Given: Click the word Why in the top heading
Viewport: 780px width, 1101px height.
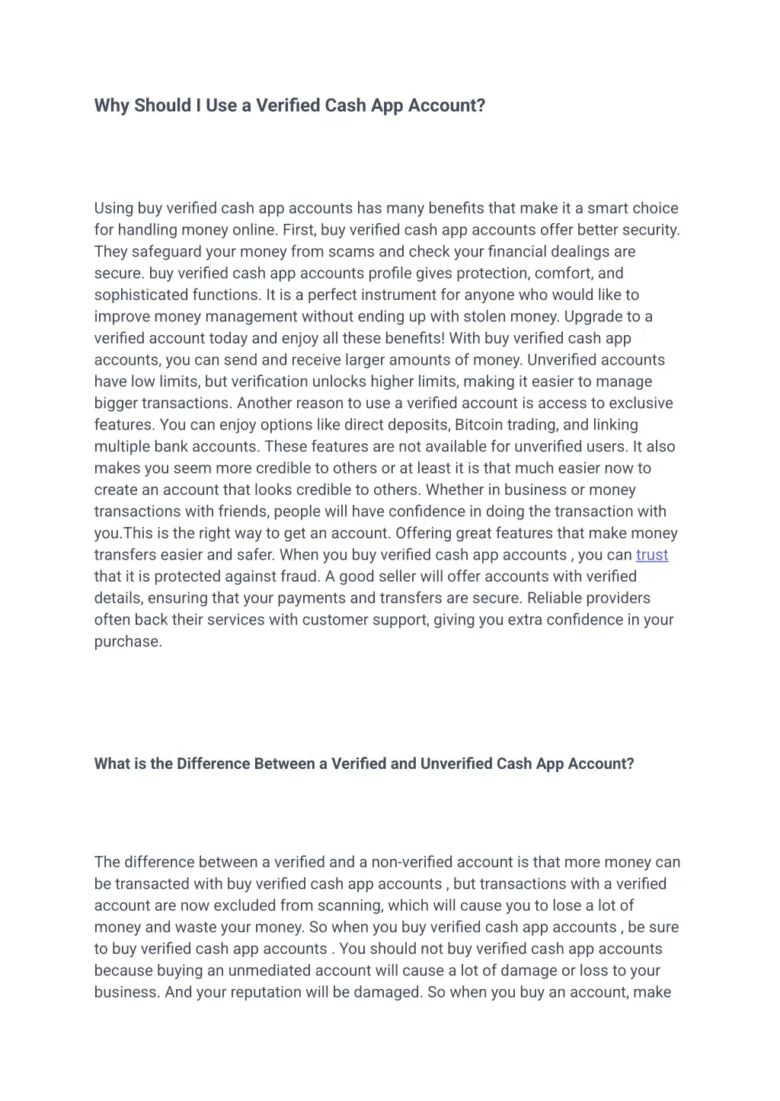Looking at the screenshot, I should (112, 106).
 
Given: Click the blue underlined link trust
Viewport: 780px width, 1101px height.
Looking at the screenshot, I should (651, 555).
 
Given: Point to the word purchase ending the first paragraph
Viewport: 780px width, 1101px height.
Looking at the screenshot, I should (127, 642).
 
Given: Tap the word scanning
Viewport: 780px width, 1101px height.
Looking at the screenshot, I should (353, 906).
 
